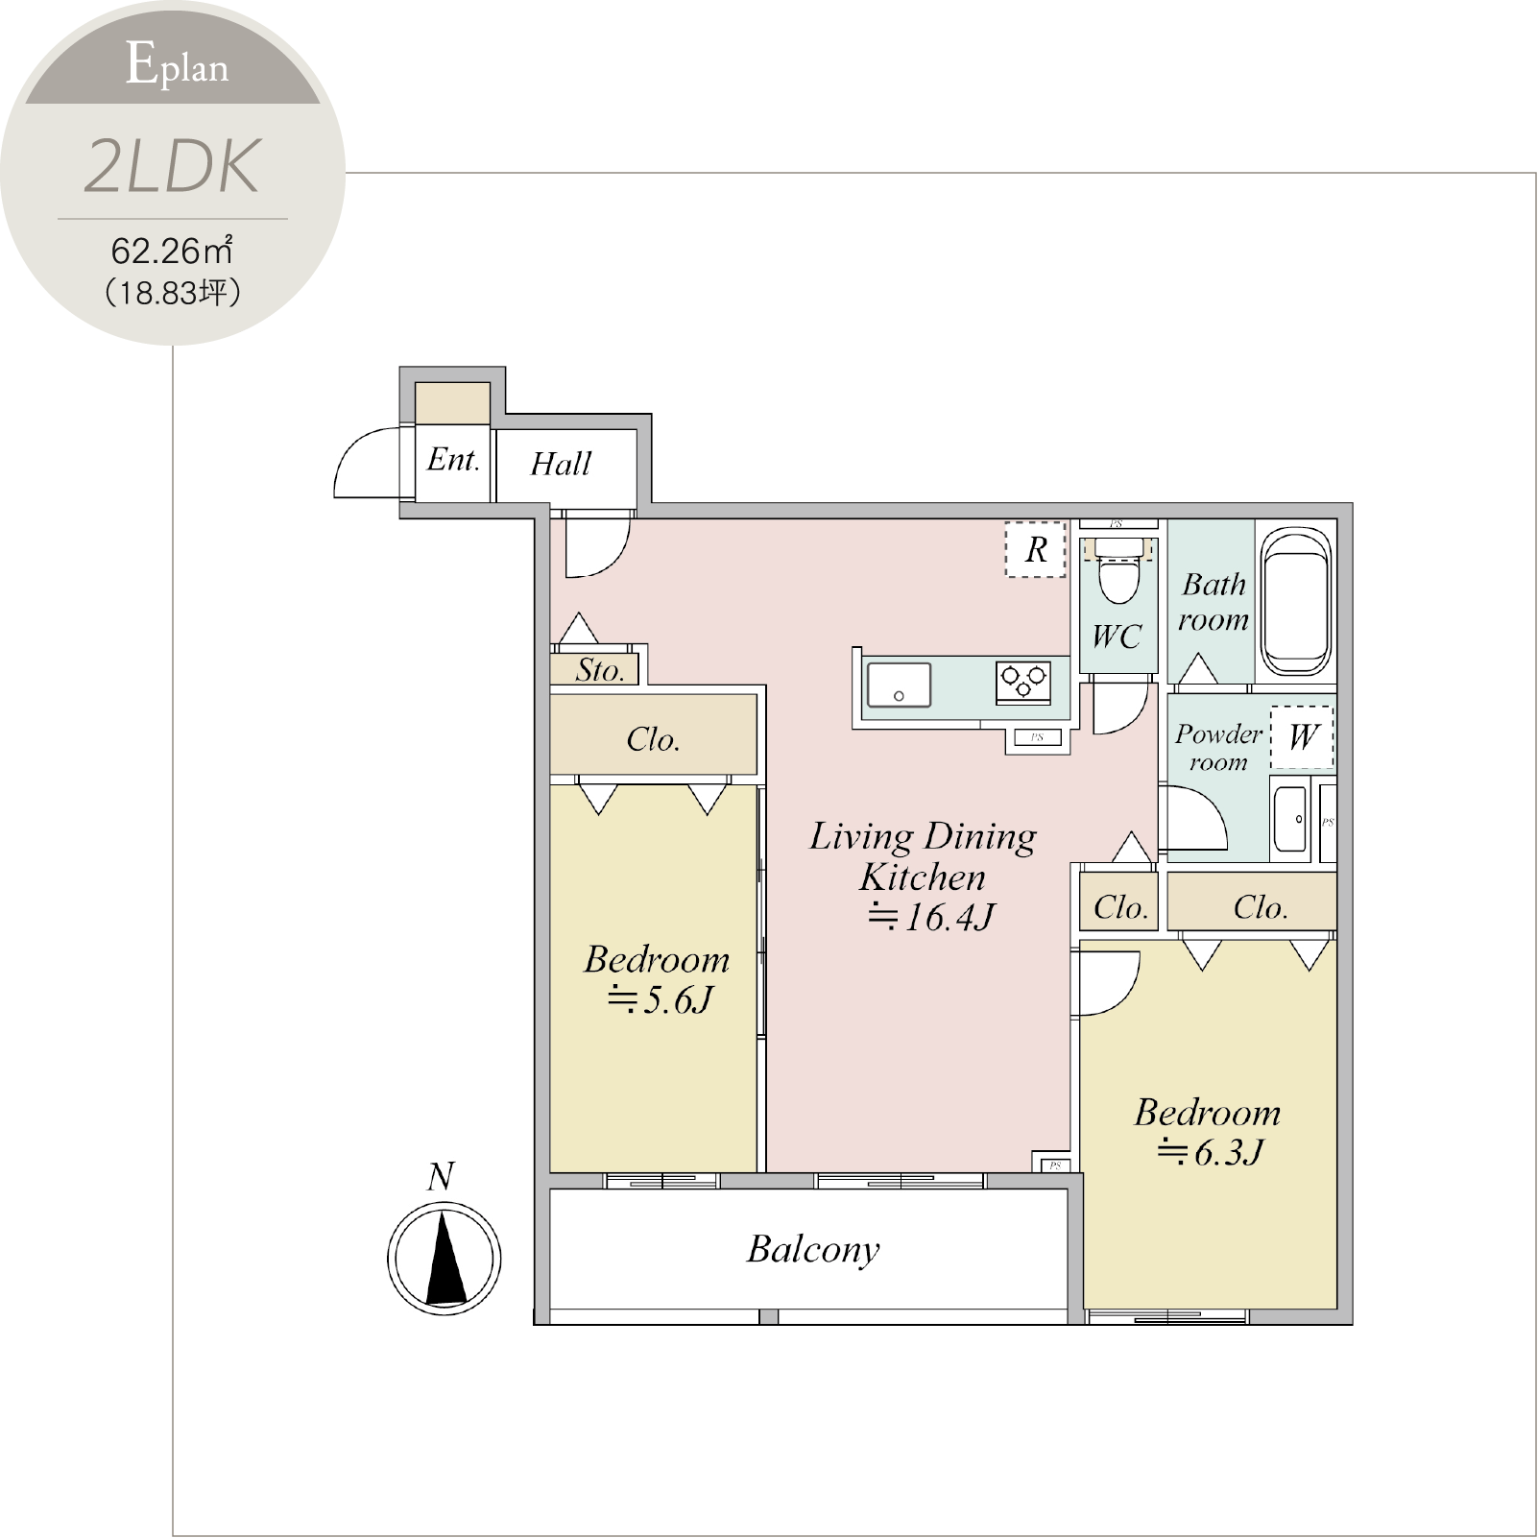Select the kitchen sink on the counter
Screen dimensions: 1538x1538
pos(899,685)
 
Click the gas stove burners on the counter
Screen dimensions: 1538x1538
pos(1023,683)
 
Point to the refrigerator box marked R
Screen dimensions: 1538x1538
pos(1036,549)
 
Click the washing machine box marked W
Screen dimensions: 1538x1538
pos(1302,737)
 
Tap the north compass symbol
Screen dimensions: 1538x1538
pos(444,1257)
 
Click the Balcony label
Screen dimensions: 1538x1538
pos(813,1250)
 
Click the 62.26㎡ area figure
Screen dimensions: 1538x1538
pos(172,251)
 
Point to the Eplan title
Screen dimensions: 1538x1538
pos(178,65)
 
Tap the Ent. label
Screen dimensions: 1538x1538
pos(453,460)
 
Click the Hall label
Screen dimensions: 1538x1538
pos(561,464)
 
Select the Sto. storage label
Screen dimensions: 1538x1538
pos(600,670)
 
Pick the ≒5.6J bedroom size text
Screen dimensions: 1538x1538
pos(661,1000)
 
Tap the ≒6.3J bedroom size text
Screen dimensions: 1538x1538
pos(1211,1151)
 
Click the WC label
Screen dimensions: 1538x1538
pos(1117,637)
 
